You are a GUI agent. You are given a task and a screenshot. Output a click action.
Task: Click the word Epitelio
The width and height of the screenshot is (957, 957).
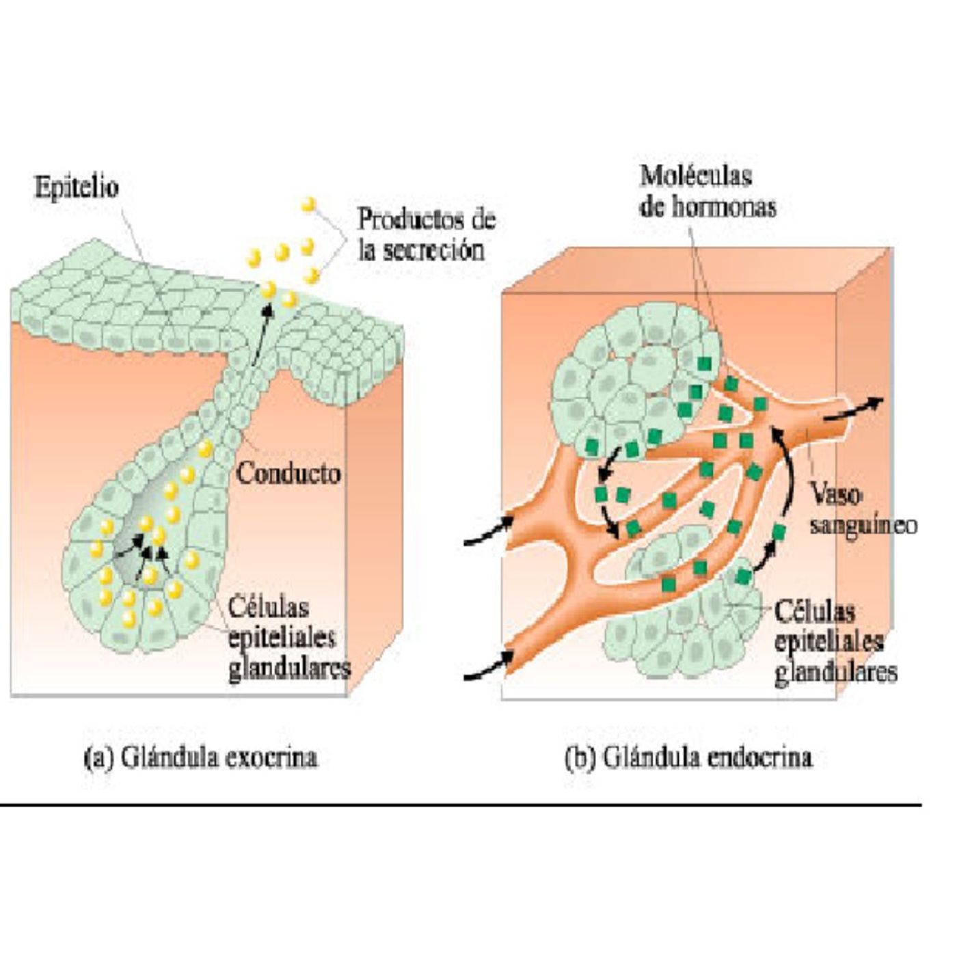tap(76, 188)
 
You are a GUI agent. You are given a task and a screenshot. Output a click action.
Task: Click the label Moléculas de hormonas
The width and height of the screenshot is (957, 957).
tap(707, 191)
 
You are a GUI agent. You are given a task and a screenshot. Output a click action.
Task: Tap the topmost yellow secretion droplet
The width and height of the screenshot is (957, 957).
tap(308, 204)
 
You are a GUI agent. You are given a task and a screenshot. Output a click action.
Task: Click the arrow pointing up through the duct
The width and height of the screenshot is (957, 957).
tap(261, 334)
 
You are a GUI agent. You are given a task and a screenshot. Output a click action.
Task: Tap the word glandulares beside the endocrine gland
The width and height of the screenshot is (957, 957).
tap(836, 673)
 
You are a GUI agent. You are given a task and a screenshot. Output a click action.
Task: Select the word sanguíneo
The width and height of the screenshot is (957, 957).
tap(863, 526)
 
